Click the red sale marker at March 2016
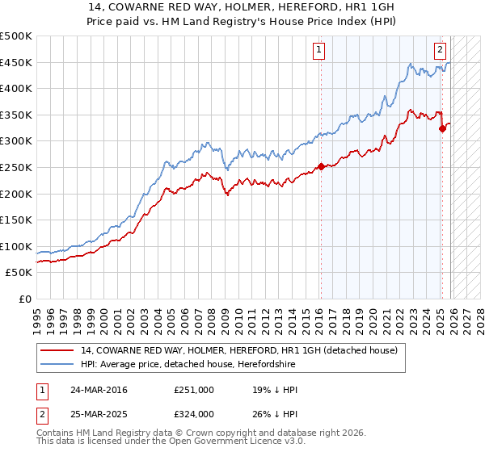(x=321, y=167)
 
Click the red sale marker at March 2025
(x=442, y=128)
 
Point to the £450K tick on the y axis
(x=16, y=62)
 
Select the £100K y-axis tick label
(x=16, y=247)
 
